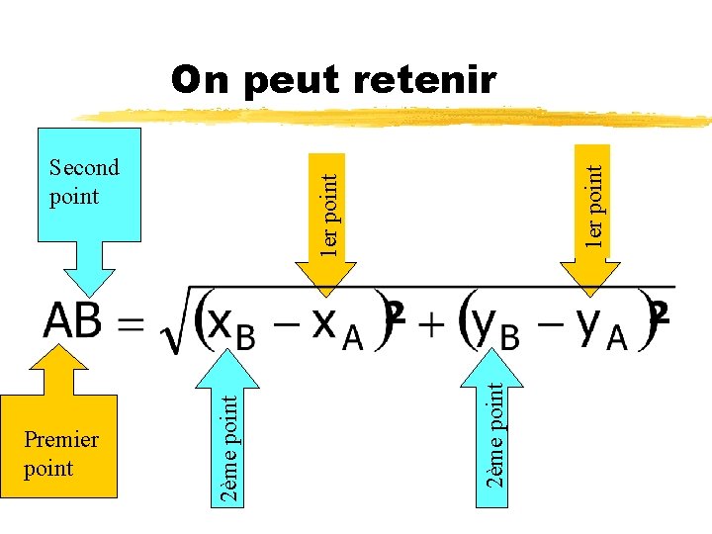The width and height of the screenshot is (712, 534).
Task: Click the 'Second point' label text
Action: [83, 182]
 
